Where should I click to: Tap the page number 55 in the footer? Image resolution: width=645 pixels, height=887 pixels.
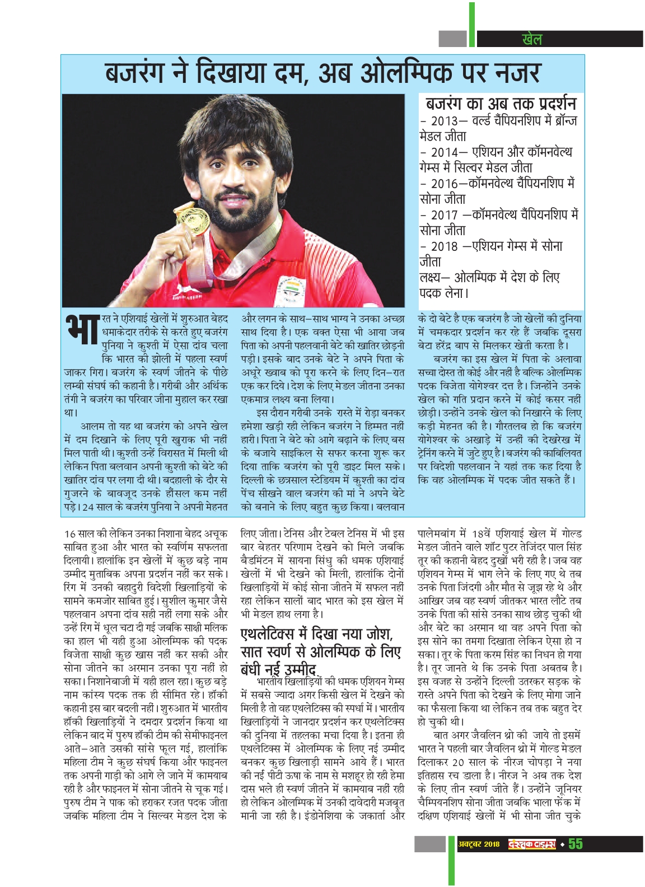pos(575,844)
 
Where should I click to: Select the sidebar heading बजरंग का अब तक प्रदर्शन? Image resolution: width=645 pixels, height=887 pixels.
pos(501,104)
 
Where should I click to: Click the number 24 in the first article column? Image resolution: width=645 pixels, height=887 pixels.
pos(87,507)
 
